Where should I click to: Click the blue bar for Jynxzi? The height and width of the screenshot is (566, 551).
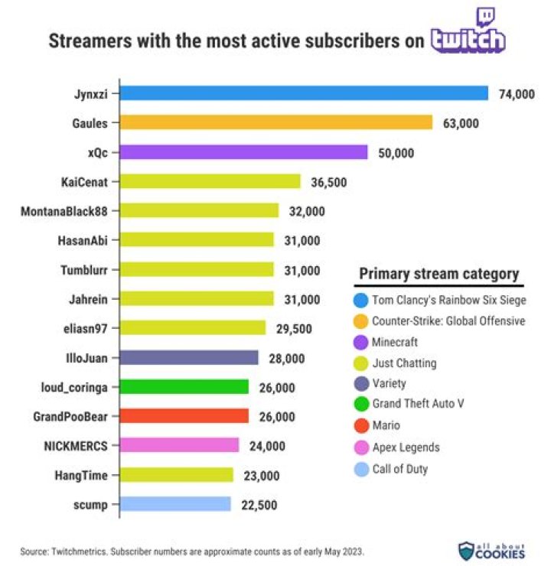click(305, 93)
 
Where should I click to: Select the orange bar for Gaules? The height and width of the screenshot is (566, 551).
click(277, 122)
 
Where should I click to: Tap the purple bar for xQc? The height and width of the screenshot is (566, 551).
click(244, 152)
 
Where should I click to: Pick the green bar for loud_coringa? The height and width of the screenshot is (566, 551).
click(184, 387)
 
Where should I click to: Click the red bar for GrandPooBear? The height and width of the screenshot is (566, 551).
click(184, 416)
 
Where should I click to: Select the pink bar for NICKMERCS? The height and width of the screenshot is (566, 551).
click(180, 445)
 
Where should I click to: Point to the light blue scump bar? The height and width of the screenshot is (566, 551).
click(175, 504)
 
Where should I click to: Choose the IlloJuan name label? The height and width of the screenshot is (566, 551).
click(86, 357)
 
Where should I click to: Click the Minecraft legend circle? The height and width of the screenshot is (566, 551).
click(359, 343)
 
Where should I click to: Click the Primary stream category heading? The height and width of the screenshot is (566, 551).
click(439, 274)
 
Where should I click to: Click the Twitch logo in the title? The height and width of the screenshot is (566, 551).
click(468, 34)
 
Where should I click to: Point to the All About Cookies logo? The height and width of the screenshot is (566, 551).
click(492, 549)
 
